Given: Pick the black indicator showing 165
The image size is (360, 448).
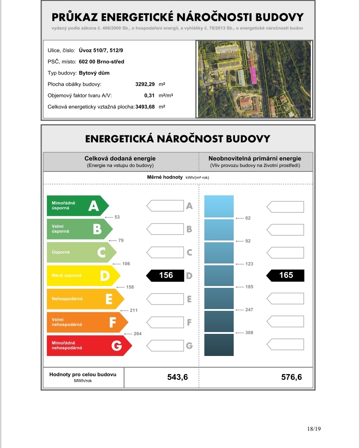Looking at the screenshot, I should [x=286, y=275].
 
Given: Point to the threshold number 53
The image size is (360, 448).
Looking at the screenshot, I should [x=117, y=217].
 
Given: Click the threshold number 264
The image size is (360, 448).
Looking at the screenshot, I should [x=138, y=334].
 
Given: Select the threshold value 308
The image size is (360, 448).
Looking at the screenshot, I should [x=249, y=333].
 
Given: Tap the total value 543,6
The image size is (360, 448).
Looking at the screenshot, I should [x=177, y=377].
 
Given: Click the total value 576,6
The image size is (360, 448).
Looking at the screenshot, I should [x=291, y=377].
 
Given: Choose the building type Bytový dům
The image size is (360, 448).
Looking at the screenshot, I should [x=94, y=73].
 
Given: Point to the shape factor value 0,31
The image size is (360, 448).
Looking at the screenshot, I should [x=149, y=96].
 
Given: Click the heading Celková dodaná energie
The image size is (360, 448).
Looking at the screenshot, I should [x=120, y=159].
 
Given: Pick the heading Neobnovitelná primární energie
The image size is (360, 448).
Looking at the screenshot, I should [x=255, y=159].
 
